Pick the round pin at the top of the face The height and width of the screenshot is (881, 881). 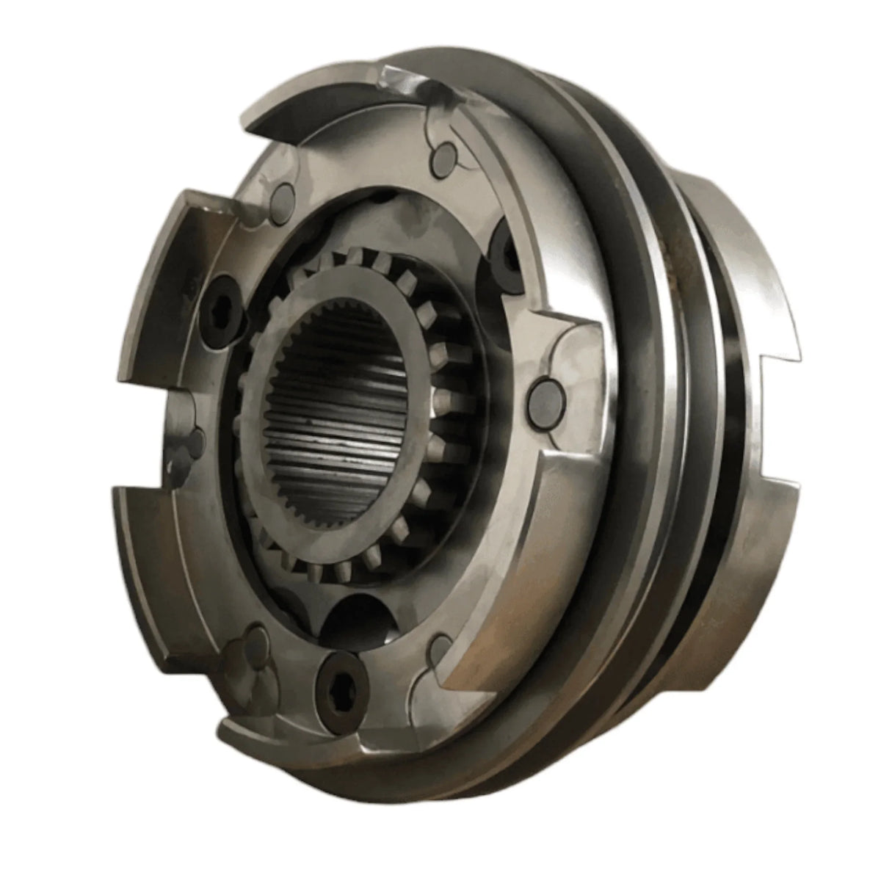[x=443, y=156]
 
